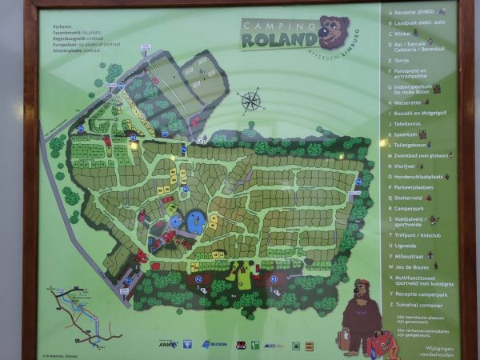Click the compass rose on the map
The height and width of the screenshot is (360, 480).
(x=250, y=102)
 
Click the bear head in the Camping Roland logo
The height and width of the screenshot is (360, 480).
(x=334, y=31)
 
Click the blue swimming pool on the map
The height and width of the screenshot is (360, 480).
(x=194, y=218)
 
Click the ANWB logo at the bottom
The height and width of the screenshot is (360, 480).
(x=166, y=345)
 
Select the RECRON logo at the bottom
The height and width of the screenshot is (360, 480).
(x=216, y=345)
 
